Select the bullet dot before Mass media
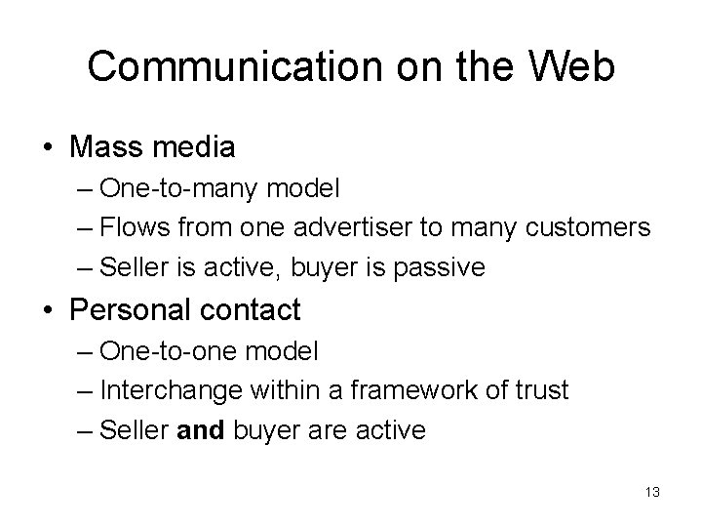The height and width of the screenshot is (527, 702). point(47,148)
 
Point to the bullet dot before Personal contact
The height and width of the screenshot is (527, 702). point(47,311)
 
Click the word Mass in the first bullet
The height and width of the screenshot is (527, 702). point(105,148)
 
